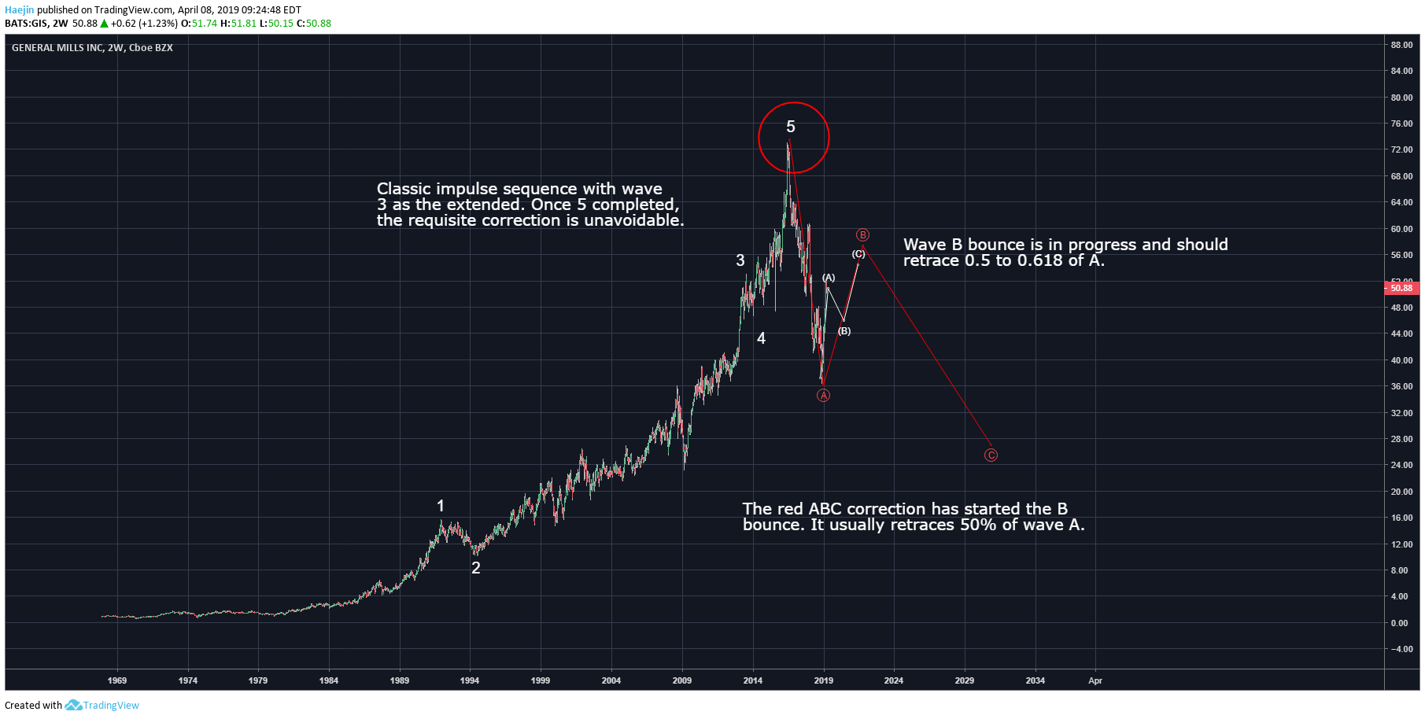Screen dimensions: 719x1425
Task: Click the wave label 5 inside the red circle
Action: pyautogui.click(x=791, y=127)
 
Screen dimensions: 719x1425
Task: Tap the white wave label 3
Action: pyautogui.click(x=740, y=260)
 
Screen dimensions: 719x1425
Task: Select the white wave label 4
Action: pyautogui.click(x=761, y=338)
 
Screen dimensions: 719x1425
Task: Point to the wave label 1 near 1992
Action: pyautogui.click(x=441, y=506)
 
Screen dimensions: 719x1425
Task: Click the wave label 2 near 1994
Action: pyautogui.click(x=475, y=568)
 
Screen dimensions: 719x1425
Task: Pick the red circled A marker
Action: pyautogui.click(x=823, y=396)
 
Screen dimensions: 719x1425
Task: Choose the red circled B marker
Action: pyautogui.click(x=862, y=235)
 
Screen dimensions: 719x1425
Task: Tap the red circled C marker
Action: pyautogui.click(x=991, y=455)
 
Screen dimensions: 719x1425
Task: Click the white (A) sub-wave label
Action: pyautogui.click(x=829, y=278)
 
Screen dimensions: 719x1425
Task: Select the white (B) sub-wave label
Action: pyautogui.click(x=844, y=331)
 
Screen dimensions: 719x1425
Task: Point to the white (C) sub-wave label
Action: pyautogui.click(x=858, y=254)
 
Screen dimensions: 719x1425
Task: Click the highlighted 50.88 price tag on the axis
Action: pyautogui.click(x=1401, y=288)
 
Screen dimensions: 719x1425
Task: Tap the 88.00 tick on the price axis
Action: pyautogui.click(x=1401, y=45)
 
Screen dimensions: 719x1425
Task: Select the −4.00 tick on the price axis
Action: pyautogui.click(x=1401, y=649)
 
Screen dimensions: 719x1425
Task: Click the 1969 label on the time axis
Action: pyautogui.click(x=117, y=680)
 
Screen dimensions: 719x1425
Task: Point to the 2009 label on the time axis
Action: pyautogui.click(x=682, y=680)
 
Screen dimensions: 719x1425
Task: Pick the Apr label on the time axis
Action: pyautogui.click(x=1095, y=680)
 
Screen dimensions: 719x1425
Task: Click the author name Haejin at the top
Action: pyautogui.click(x=20, y=10)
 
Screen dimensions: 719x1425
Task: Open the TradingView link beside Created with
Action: pyautogui.click(x=110, y=706)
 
